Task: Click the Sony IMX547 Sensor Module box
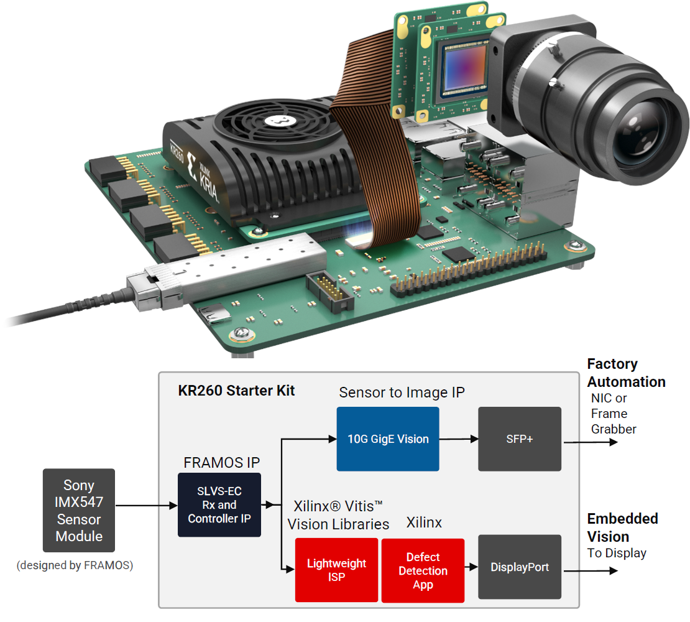(x=79, y=510)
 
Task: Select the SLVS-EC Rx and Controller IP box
(x=219, y=504)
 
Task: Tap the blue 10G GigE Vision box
(x=388, y=439)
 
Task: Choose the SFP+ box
(x=519, y=439)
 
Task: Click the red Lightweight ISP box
(x=336, y=570)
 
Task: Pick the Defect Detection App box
(x=423, y=570)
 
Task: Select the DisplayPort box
(x=519, y=567)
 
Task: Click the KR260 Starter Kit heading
(x=236, y=391)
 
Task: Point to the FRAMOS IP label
(x=222, y=463)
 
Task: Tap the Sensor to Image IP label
(x=402, y=392)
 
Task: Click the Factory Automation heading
(x=626, y=373)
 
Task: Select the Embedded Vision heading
(x=622, y=527)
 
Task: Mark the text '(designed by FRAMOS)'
(x=75, y=565)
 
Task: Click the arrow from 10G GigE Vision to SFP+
(x=459, y=439)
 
